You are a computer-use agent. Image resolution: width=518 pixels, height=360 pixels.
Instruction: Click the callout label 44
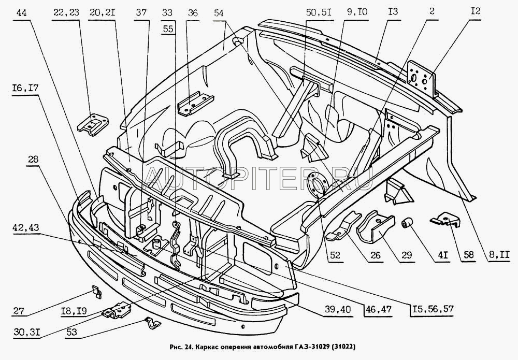pos(22,15)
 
